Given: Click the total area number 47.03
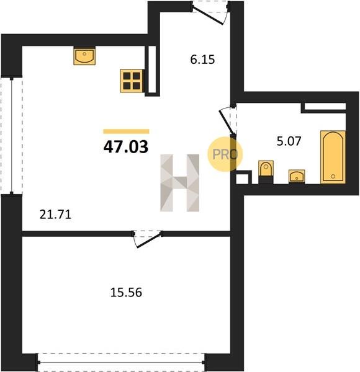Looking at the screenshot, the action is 126,147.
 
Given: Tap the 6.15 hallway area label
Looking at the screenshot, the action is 202,60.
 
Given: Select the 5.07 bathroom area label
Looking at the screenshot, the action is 289,141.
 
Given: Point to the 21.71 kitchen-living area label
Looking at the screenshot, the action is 55,215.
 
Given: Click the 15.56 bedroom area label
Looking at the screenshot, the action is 126,292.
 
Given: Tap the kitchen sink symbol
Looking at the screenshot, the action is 84,56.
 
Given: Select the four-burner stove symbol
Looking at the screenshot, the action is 132,81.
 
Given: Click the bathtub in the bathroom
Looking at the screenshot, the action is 333,157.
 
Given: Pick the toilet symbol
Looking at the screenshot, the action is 266,172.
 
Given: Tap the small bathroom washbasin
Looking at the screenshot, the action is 297,176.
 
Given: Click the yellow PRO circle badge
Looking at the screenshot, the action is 225,154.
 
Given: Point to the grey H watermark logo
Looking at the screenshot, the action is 180,182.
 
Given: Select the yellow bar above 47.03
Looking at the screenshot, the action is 126,131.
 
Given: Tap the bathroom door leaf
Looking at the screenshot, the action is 227,123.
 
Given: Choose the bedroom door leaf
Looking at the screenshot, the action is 148,241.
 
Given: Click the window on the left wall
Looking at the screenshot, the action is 11,135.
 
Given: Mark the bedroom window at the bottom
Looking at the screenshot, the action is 121,362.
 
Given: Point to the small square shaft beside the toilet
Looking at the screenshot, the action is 243,177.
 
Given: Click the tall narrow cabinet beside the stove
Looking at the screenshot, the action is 152,71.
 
